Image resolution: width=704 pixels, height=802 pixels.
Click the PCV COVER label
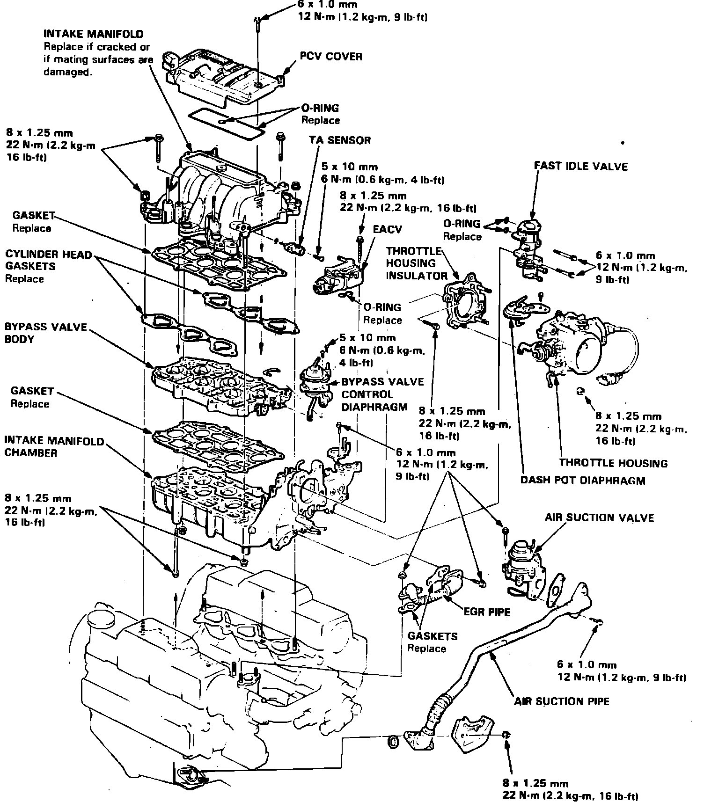coord(331,57)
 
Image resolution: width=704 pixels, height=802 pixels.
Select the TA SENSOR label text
coord(339,140)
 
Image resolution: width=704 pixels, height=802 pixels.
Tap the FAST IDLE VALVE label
coord(580,166)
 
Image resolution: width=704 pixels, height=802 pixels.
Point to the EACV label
coord(388,229)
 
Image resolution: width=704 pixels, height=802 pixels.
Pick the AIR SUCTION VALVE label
coord(599,518)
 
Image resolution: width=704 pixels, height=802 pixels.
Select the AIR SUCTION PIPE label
coord(562,701)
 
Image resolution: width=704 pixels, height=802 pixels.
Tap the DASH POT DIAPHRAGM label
coord(582,480)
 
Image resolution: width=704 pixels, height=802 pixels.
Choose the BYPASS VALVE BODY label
coord(45,332)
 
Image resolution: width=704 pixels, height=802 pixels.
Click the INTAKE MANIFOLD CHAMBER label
coord(54,447)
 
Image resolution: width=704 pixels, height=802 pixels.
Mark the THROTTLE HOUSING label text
coord(613,463)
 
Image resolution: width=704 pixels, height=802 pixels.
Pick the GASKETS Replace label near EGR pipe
coord(426,642)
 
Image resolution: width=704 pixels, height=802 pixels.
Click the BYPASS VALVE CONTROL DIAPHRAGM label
coord(382,394)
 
